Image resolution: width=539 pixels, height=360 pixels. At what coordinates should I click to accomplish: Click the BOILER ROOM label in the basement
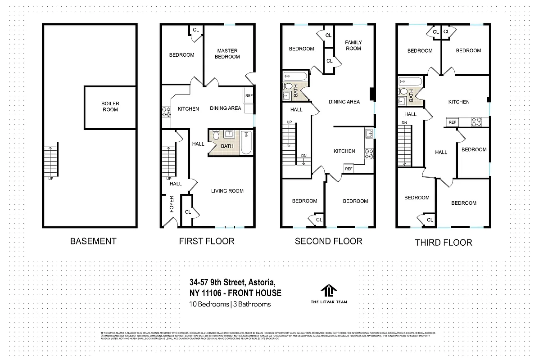[x=110, y=107]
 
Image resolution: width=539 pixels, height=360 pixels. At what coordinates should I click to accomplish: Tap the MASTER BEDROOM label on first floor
[x=227, y=54]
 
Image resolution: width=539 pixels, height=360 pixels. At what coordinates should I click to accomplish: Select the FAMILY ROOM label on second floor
[x=353, y=45]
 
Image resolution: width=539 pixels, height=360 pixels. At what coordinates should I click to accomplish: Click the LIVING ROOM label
[x=227, y=191]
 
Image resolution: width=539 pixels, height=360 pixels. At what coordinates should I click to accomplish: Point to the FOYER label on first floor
[x=172, y=204]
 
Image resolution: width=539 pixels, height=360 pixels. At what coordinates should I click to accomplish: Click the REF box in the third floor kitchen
[x=453, y=122]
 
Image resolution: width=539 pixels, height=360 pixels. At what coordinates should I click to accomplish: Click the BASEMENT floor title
[x=93, y=241]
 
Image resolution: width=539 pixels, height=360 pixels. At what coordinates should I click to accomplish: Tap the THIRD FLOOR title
[x=443, y=243]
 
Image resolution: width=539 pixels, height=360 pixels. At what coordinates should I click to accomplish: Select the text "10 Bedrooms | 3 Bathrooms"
[x=230, y=304]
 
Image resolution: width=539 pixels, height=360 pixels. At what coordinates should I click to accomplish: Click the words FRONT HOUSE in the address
[x=255, y=293]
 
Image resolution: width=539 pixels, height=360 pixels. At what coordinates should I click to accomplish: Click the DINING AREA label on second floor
[x=344, y=102]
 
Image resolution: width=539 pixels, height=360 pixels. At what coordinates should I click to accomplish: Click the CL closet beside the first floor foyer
[x=187, y=211]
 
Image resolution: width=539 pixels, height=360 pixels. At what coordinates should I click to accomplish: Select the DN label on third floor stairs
[x=404, y=122]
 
